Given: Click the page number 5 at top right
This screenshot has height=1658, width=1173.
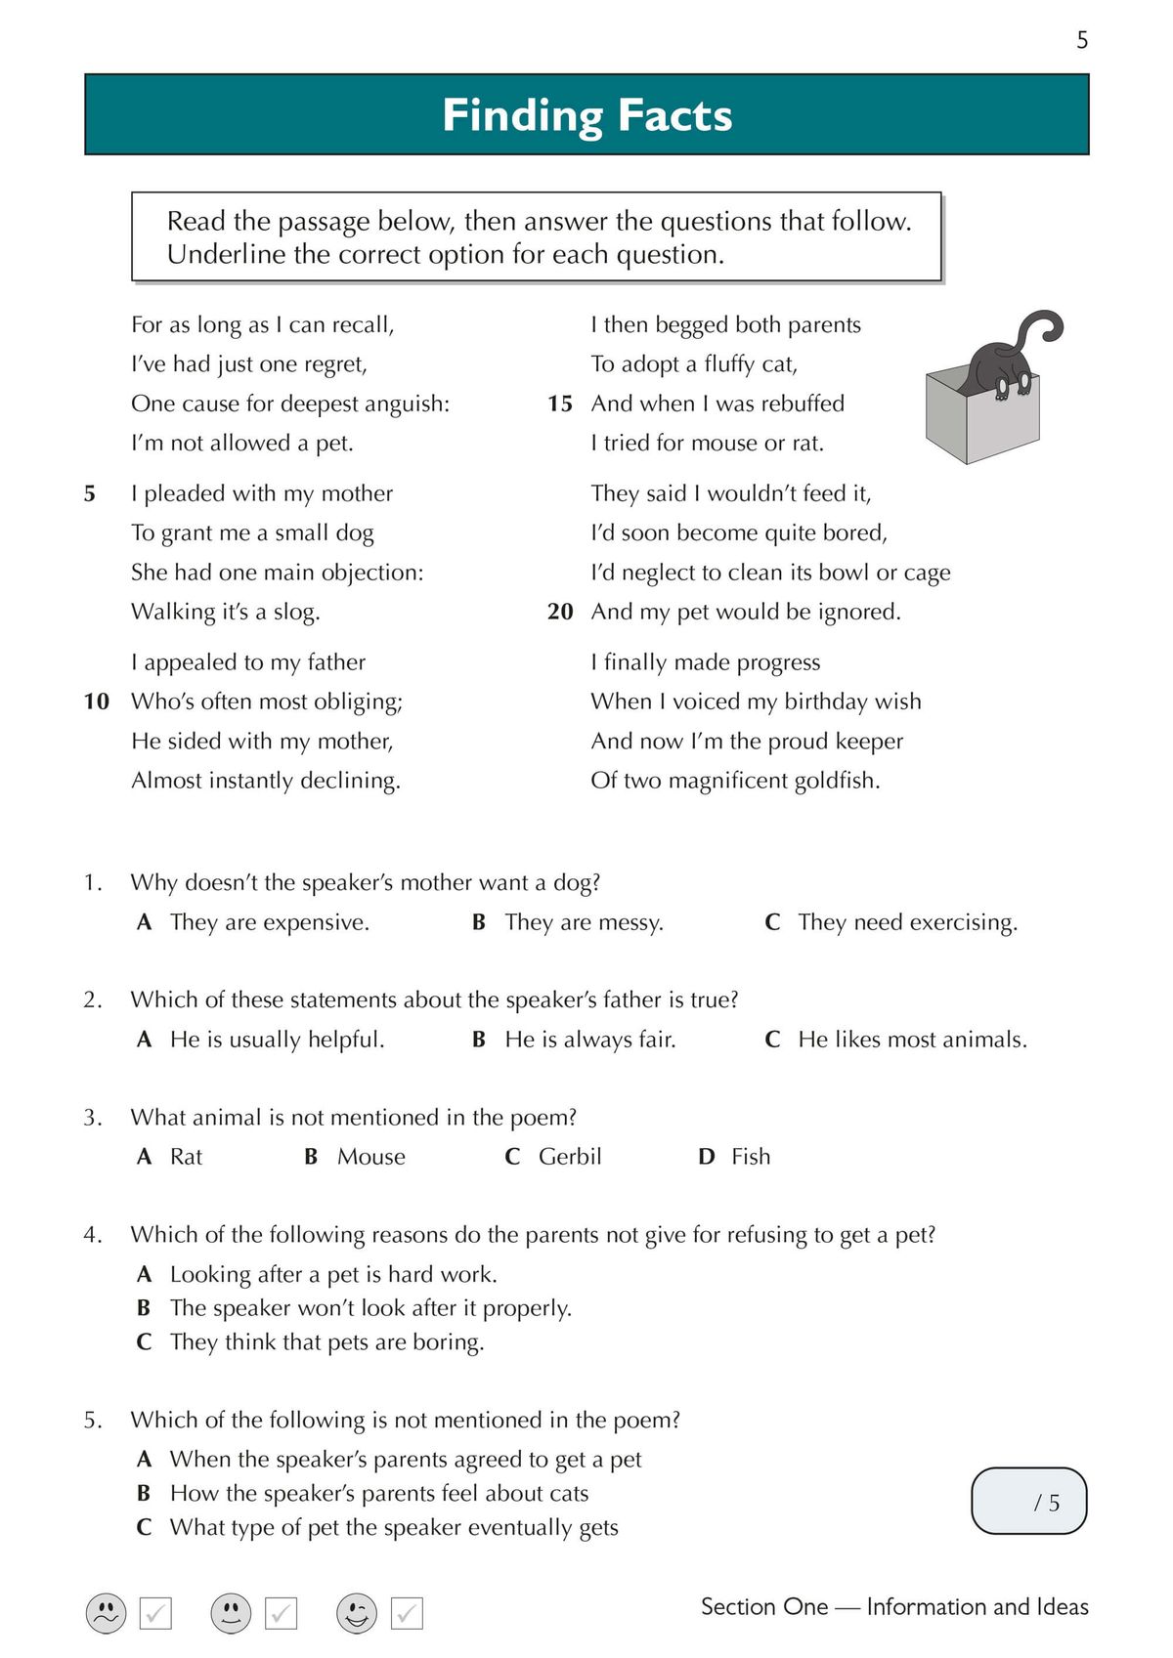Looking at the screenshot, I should click(1082, 40).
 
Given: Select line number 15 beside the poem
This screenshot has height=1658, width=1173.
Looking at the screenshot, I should click(559, 404).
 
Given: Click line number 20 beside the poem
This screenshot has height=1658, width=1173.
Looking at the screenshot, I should click(559, 612).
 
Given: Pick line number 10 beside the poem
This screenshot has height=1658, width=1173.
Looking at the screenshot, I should click(97, 701).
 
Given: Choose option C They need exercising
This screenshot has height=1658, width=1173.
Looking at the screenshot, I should click(906, 922).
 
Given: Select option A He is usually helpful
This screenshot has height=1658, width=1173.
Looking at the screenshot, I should click(277, 1040).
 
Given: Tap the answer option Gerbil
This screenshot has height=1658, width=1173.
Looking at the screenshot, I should click(569, 1157).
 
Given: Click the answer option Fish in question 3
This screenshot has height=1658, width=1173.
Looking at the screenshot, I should click(750, 1157).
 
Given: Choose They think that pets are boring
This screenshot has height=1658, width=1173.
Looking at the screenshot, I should click(326, 1342).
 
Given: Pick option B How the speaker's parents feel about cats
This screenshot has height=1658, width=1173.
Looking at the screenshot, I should click(379, 1494).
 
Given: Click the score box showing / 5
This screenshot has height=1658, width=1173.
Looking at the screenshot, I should click(1028, 1501).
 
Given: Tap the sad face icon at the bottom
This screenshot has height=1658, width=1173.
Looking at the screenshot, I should click(107, 1612).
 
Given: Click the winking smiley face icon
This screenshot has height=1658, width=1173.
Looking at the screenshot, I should click(357, 1612).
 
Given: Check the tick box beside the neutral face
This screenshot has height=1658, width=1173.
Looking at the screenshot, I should click(282, 1613).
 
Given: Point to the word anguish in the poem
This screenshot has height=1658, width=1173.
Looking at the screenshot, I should click(404, 404).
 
